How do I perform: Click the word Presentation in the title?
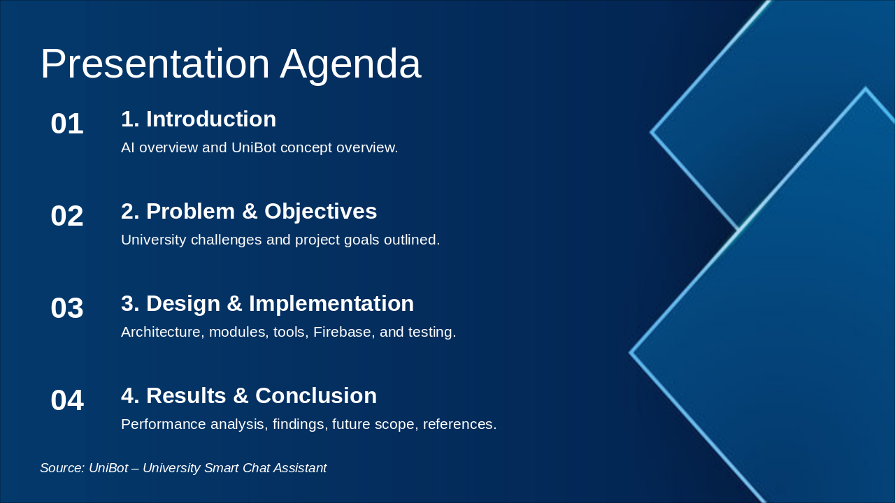coord(155,64)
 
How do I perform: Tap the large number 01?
coord(67,124)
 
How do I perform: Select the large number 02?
coord(67,217)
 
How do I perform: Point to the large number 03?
coord(67,309)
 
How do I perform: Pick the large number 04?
coord(67,401)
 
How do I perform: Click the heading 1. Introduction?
coord(199,119)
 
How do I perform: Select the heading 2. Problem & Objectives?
coord(249,212)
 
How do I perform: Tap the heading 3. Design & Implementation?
coord(267,304)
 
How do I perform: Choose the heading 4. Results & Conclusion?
coord(249,396)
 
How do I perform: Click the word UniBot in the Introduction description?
coord(253,148)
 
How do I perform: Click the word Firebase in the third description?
coord(342,333)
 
